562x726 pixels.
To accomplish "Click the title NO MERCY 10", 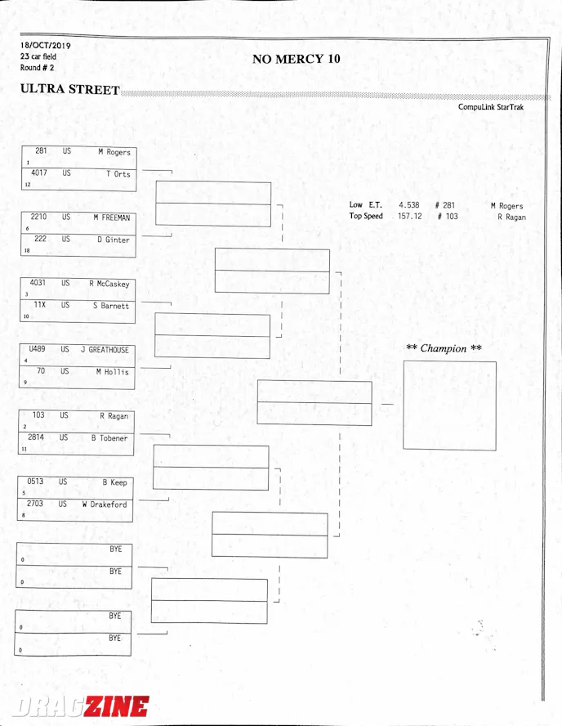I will [x=296, y=59].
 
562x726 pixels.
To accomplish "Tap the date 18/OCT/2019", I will [x=45, y=46].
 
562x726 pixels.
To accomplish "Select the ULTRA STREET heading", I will [x=70, y=89].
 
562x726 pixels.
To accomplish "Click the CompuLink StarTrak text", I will [x=490, y=107].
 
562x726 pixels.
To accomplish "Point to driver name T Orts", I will [x=118, y=174].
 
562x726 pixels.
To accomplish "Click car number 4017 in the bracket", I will [x=39, y=173].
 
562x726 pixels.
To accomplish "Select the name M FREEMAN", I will [x=111, y=217].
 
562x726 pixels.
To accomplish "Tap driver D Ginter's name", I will [x=113, y=240].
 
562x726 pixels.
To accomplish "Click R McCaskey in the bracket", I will [x=109, y=285].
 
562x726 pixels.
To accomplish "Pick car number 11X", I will [x=39, y=305].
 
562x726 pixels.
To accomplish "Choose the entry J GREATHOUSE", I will [x=105, y=350].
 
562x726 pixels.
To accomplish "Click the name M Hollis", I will [x=112, y=372].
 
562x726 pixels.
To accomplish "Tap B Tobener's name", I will [x=109, y=438].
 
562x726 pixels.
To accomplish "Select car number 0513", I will [x=36, y=482].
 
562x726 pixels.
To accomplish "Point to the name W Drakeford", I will [x=104, y=504].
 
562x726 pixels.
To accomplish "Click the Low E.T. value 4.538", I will [x=409, y=205].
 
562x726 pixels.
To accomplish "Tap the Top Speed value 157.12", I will [x=409, y=217].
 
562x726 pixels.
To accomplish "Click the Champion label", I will [x=444, y=348].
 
